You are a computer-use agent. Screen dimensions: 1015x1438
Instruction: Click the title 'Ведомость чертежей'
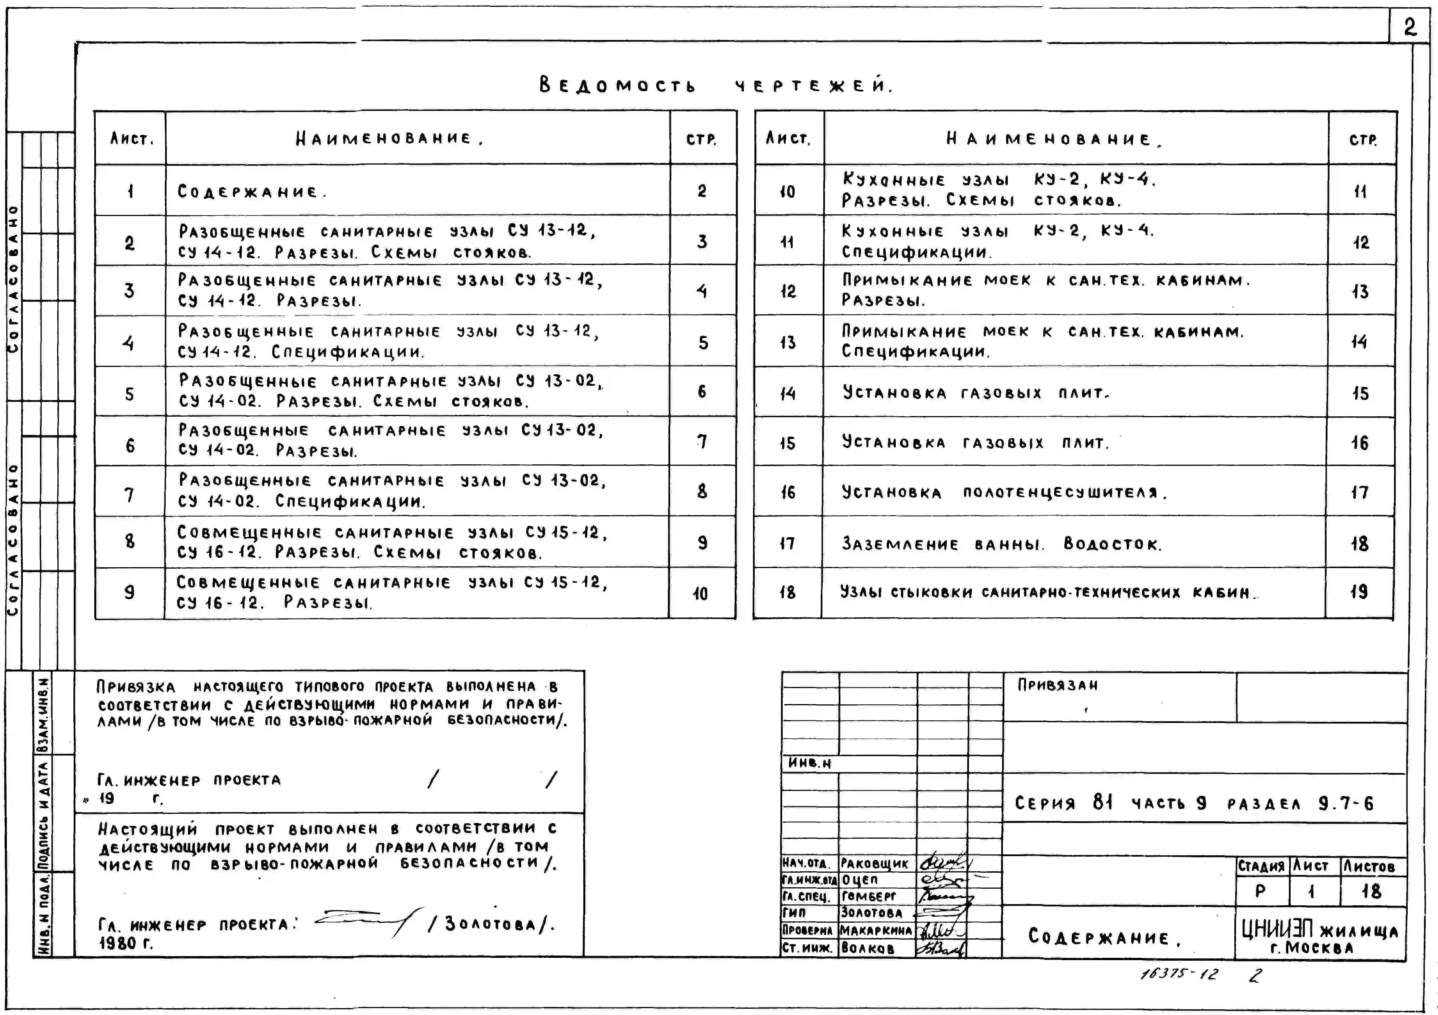pos(715,85)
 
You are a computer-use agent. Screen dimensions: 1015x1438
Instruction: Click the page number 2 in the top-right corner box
pos(1409,27)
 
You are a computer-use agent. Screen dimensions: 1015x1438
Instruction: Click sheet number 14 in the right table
pos(787,393)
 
